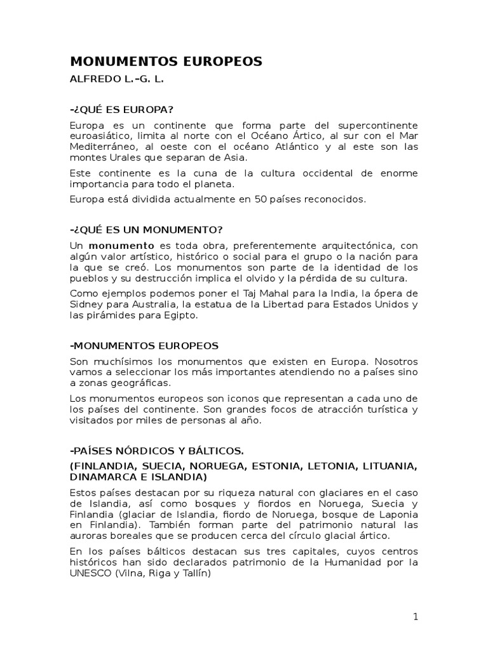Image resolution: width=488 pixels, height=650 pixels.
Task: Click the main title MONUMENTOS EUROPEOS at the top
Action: point(166,62)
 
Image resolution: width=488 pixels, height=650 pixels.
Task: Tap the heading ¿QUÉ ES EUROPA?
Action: point(122,109)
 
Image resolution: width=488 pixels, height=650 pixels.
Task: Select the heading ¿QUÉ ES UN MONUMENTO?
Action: point(146,229)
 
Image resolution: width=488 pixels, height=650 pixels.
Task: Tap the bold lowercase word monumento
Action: point(121,245)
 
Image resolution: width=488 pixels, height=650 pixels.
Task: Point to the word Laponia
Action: point(399,514)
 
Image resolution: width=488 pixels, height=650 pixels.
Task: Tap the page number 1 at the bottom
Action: point(415,617)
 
